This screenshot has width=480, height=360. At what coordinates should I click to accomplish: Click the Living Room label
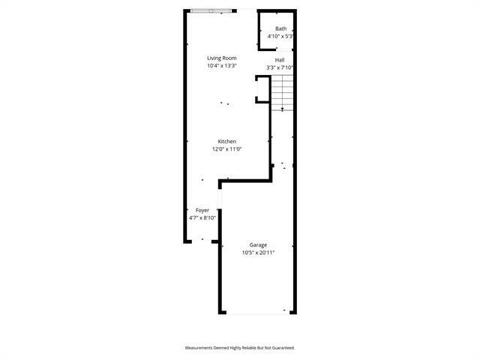click(222, 58)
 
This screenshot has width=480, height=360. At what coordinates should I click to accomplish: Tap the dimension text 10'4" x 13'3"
click(222, 66)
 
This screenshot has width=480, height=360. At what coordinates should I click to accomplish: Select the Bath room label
click(280, 29)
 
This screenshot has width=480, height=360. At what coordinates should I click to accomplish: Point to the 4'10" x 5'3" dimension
click(280, 36)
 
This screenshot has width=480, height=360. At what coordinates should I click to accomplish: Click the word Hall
click(280, 60)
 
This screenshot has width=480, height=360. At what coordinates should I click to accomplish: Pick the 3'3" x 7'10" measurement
click(280, 67)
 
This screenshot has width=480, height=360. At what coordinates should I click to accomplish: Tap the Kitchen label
click(227, 142)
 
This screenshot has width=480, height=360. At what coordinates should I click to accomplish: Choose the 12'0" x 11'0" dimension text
click(227, 149)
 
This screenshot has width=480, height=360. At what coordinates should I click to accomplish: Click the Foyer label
click(202, 211)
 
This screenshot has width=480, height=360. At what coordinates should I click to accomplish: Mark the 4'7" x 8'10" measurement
click(202, 218)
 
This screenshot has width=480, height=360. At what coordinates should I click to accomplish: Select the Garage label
click(258, 245)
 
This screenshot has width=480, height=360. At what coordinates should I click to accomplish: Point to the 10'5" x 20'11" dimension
click(258, 253)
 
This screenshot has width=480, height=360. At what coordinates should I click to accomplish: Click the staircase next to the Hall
click(281, 91)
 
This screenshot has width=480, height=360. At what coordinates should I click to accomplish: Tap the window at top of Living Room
click(211, 10)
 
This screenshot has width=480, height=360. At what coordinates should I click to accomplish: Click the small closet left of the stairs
click(262, 88)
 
